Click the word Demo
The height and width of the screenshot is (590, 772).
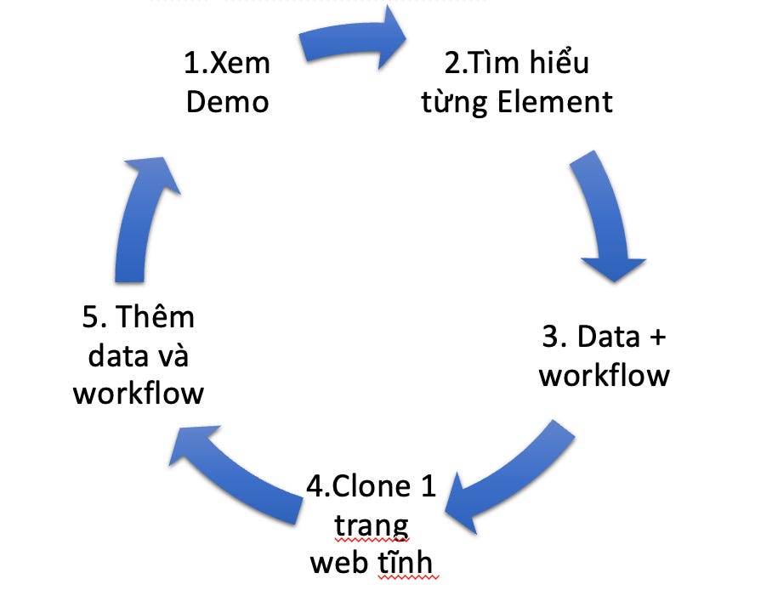click(227, 102)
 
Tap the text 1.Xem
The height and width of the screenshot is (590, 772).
click(226, 64)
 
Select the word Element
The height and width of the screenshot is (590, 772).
click(555, 102)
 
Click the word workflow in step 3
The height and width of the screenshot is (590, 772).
click(605, 375)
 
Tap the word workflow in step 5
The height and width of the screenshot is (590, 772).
click(139, 394)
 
